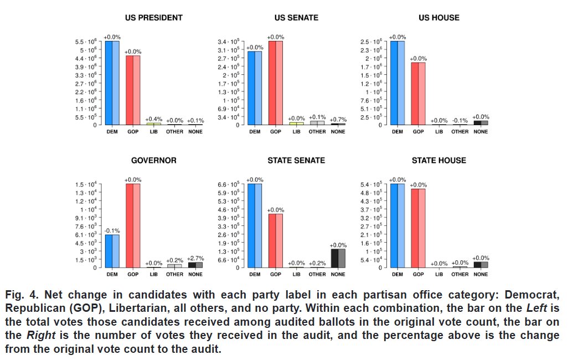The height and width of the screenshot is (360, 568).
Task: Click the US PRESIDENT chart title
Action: click(154, 18)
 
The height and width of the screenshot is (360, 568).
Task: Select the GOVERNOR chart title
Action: click(154, 161)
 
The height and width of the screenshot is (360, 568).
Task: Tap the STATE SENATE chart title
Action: click(297, 161)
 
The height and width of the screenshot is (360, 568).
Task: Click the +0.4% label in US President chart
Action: click(154, 119)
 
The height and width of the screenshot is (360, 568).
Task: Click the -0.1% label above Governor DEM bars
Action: click(112, 230)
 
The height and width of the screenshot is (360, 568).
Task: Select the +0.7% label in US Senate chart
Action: click(338, 120)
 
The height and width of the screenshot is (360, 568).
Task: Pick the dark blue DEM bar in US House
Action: click(394, 83)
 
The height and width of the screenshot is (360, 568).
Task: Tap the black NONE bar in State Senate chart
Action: click(334, 258)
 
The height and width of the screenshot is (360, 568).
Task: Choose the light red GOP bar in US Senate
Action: click(279, 83)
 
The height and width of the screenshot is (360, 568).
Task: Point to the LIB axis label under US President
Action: click(154, 132)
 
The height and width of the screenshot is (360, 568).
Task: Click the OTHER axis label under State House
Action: click(460, 275)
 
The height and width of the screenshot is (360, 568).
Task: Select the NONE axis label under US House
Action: click(481, 132)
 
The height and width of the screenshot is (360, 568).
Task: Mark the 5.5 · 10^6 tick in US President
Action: click(87, 42)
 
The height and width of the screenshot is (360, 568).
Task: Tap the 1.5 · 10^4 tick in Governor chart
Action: click(87, 184)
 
